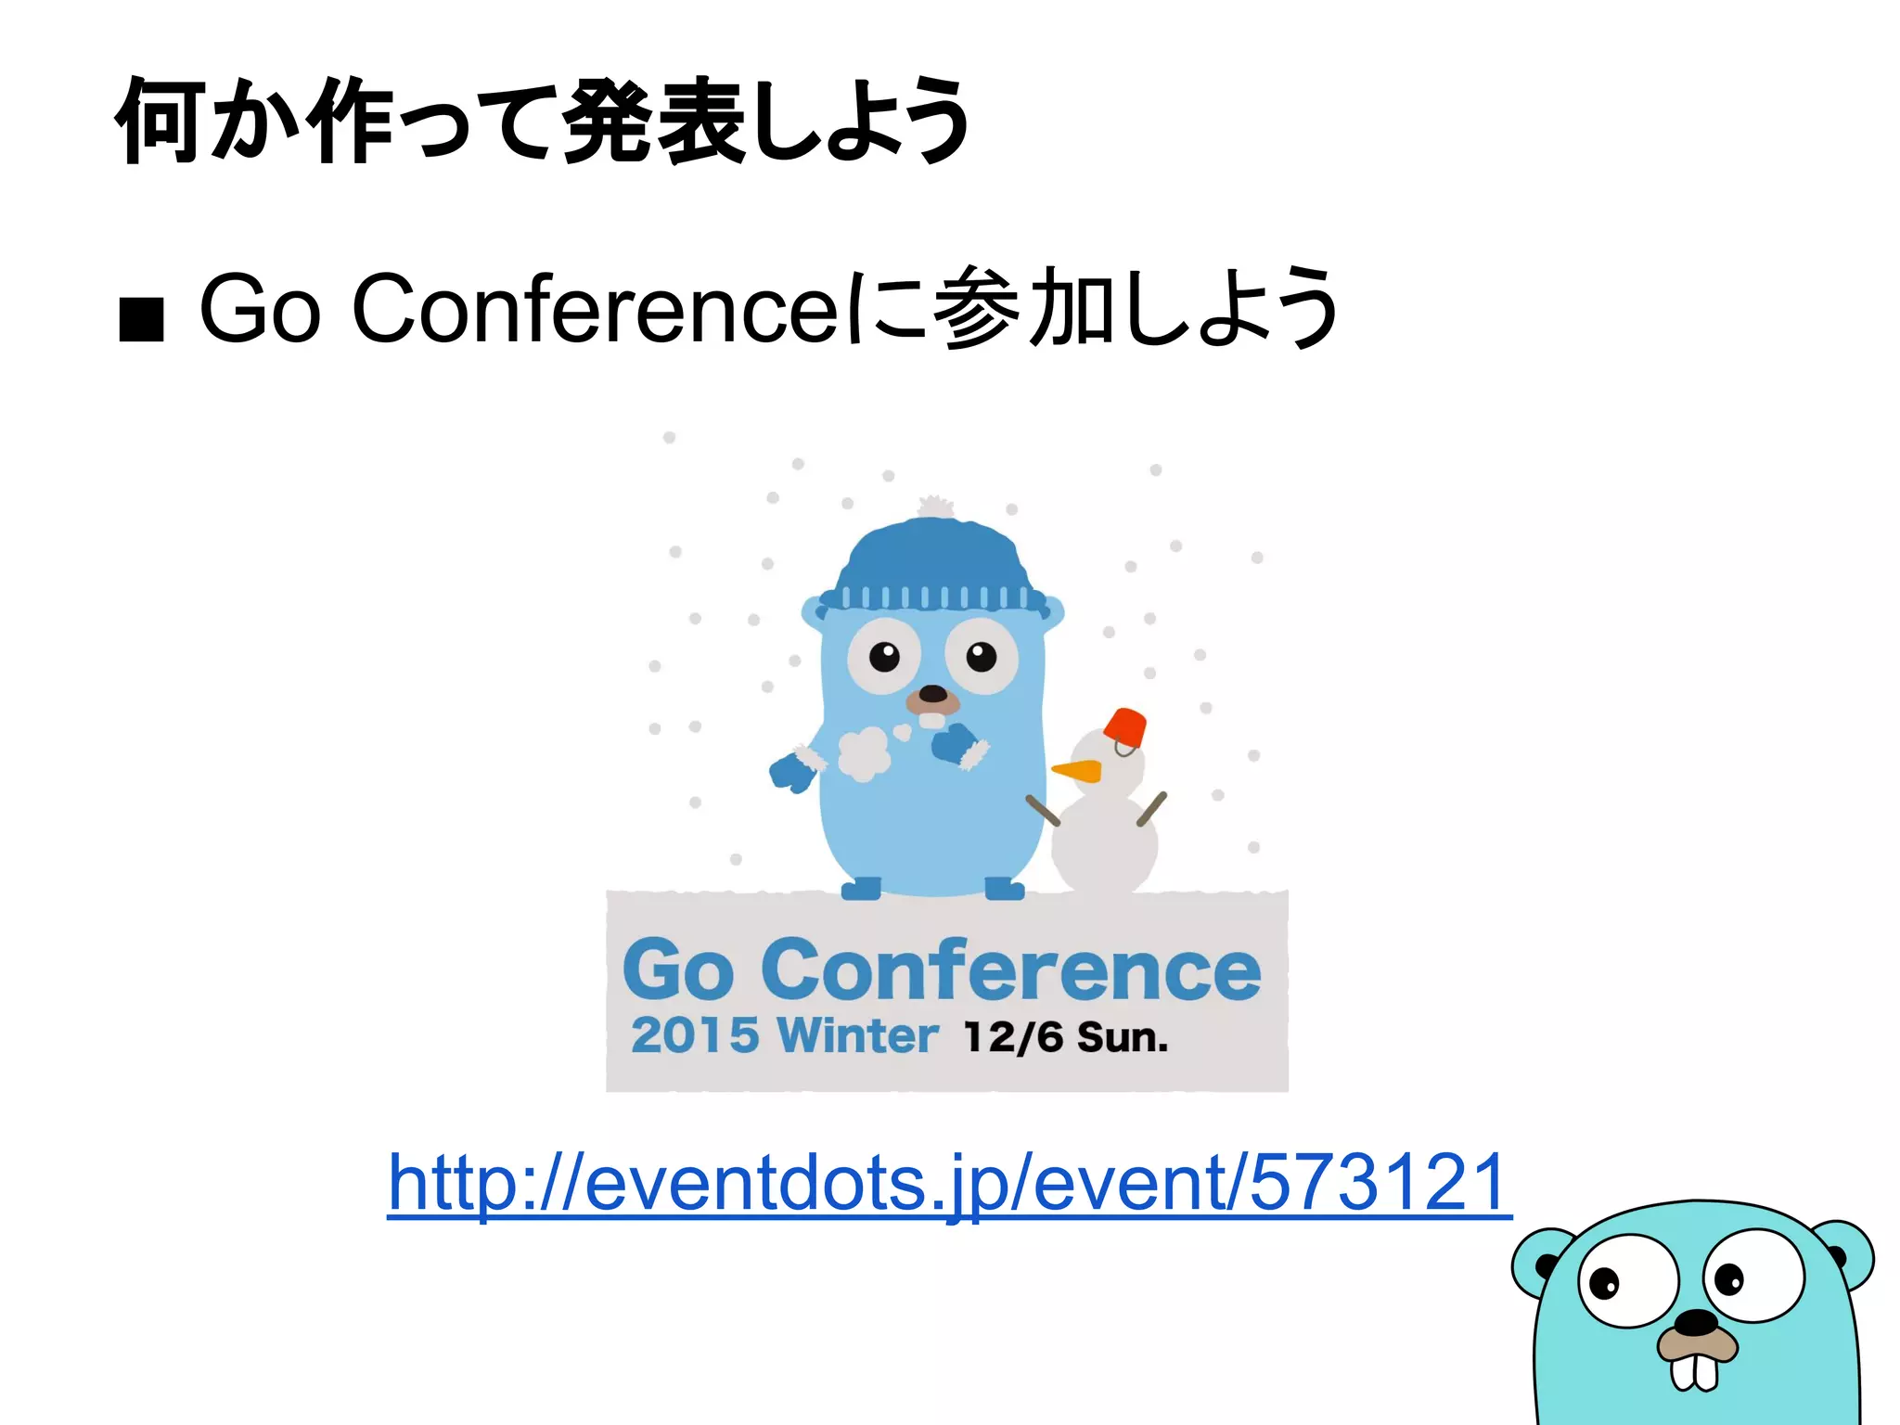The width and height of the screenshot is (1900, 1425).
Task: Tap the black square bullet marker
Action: [x=142, y=319]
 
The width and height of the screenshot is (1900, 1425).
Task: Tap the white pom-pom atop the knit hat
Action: [x=935, y=507]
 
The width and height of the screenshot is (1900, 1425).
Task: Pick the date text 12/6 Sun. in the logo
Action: [x=1066, y=1037]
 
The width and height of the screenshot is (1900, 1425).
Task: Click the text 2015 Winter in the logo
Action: [x=784, y=1035]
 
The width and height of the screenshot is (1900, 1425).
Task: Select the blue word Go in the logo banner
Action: [x=678, y=970]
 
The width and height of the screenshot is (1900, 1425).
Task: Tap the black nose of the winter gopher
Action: [x=932, y=694]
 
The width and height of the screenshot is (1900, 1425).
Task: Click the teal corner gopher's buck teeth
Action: [x=1695, y=1374]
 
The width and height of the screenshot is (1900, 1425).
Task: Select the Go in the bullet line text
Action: [x=261, y=308]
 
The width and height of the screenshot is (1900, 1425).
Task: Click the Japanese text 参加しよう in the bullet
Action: [x=1136, y=308]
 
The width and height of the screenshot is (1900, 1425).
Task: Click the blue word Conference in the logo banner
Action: [x=1011, y=970]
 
